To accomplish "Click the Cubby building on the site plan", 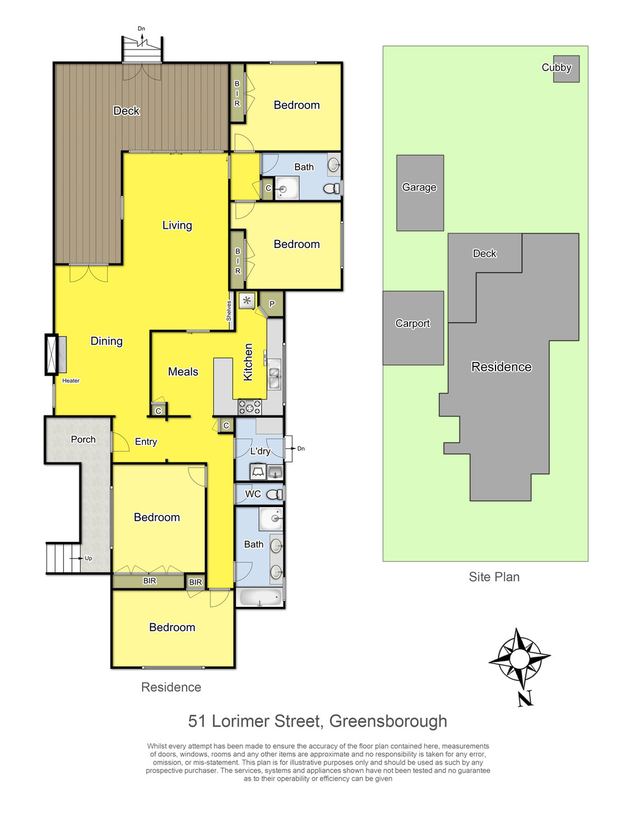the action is click(566, 69).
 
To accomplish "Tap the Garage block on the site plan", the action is click(420, 193).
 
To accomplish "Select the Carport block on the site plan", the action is click(413, 327).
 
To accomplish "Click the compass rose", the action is click(519, 659).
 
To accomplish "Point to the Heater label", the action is click(71, 381).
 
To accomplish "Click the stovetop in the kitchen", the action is click(249, 407).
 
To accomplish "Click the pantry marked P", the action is click(272, 304).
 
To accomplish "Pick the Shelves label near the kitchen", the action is click(229, 311).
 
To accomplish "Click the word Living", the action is click(177, 225).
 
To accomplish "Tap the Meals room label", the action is click(183, 371).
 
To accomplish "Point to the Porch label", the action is click(83, 440).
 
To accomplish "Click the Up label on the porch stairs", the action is click(88, 558).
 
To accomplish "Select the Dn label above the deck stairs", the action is click(141, 29).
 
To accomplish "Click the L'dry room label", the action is click(260, 451).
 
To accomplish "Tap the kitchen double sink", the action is click(274, 378).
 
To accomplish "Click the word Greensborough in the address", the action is click(388, 722).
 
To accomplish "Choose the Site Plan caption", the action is click(494, 577).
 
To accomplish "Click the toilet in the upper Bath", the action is click(332, 188).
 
